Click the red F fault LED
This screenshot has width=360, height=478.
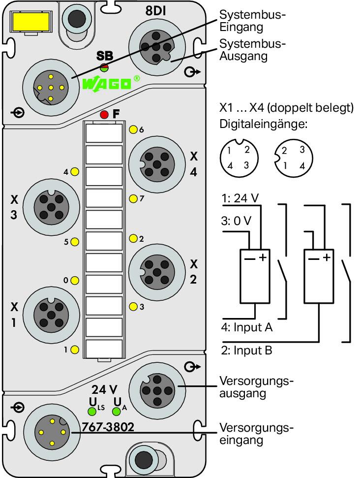pos(104,115)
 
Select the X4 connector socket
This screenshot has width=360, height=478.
pos(157,164)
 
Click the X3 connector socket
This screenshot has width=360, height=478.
pos(51,208)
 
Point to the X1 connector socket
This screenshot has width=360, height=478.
pos(51,315)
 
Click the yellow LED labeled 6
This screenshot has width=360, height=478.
pos(133,129)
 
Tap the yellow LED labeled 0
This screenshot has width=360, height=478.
pos(75,281)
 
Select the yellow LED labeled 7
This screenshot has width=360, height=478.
pos(133,199)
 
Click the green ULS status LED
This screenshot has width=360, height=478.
pos(91,412)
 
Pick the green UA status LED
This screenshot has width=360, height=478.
pos(117,412)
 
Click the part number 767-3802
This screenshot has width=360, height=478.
pos(108,427)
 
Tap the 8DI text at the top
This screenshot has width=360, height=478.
pos(155,11)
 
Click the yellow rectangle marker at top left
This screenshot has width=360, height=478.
pos(30,21)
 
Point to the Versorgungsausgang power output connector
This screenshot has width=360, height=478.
pos(157,390)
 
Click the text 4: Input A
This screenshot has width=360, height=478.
pos(247,327)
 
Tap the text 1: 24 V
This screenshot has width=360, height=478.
pos(240,198)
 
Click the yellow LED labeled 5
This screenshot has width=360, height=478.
pos(75,242)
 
